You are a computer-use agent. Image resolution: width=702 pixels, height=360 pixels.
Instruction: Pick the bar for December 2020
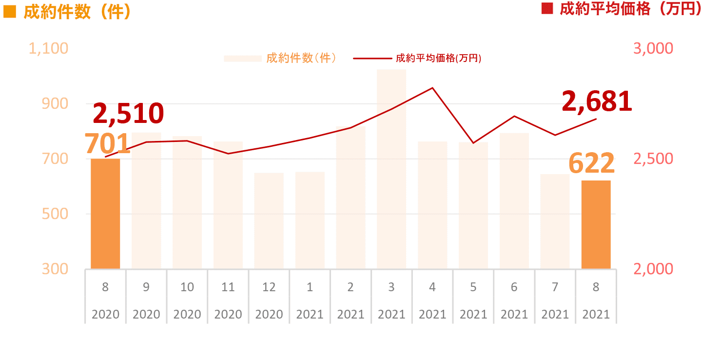pos(269,220)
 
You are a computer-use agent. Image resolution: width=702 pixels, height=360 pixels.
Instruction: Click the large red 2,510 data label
pos(128,113)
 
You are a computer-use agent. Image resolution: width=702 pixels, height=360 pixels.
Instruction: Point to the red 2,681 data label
pos(597,101)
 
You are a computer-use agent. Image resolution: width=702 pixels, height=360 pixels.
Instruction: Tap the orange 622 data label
pos(591,163)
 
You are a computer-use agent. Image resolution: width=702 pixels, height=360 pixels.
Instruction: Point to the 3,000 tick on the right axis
pos(653,48)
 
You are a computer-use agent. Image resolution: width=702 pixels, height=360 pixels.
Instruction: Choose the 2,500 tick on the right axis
pos(653,159)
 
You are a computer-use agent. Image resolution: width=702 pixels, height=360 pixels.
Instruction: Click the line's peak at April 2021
pos(432,88)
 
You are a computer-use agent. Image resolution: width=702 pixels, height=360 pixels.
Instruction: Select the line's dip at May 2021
pos(473,143)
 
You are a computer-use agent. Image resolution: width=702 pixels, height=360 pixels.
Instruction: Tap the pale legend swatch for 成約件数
pos(243,59)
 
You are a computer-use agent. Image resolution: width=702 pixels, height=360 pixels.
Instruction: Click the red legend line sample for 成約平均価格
pos(372,59)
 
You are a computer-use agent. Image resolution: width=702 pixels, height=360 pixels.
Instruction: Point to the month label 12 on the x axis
pos(269,287)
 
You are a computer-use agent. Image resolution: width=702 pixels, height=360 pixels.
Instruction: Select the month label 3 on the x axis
pos(391,287)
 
